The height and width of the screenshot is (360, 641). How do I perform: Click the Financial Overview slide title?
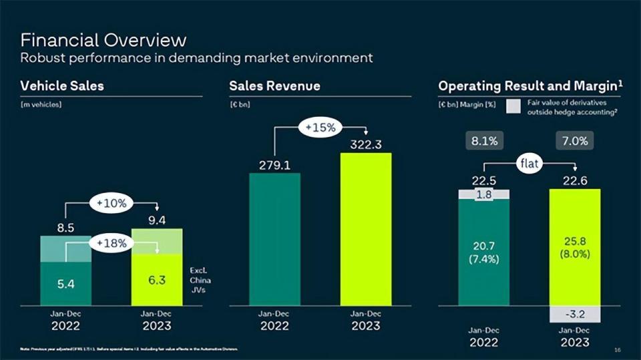[103, 39]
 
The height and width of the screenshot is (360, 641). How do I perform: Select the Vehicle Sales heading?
[62, 86]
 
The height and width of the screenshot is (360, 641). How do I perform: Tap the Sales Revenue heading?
[274, 86]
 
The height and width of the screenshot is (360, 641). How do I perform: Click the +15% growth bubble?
[320, 126]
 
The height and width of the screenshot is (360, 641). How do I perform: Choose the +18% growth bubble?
[112, 244]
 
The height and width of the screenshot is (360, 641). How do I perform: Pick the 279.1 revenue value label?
[274, 165]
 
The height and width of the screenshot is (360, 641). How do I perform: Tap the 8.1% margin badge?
[483, 142]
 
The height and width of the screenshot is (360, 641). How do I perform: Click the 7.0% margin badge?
[574, 142]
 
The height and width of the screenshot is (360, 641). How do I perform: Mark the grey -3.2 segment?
[574, 314]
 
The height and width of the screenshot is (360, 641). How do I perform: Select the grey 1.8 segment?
[484, 194]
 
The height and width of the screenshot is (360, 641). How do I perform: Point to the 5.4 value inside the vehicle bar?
[65, 284]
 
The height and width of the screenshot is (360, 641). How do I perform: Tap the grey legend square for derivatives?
[513, 106]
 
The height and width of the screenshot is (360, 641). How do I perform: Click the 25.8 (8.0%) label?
[574, 247]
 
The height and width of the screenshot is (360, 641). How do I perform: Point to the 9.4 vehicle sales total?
[157, 220]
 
